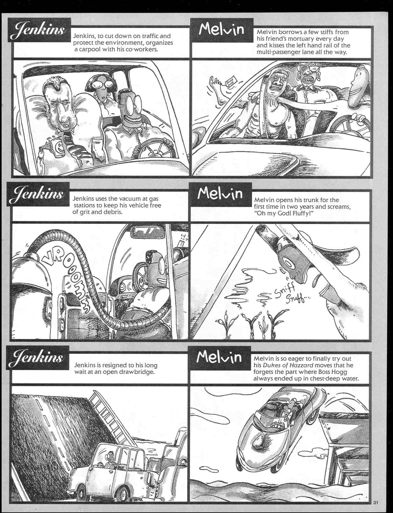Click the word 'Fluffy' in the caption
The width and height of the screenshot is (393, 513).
298,213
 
